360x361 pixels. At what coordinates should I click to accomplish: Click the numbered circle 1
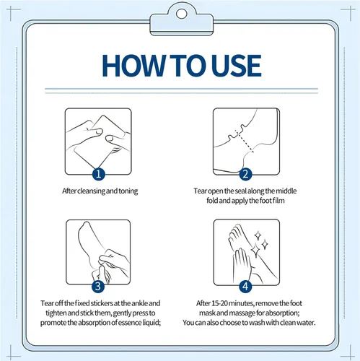[99, 173]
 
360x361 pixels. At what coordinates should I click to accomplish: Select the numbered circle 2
[245, 174]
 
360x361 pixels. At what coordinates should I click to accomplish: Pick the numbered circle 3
[98, 287]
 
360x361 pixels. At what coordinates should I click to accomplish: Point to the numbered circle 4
[245, 287]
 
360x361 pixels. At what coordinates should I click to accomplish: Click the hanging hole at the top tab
[182, 14]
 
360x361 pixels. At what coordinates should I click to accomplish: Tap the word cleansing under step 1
[91, 191]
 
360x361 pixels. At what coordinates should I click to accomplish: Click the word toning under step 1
[128, 191]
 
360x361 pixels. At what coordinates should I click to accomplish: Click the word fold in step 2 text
[212, 201]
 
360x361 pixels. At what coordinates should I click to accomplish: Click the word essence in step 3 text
[130, 322]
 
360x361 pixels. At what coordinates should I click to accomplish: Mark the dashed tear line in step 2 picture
[245, 142]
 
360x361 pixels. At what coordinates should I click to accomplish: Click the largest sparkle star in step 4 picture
[255, 250]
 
